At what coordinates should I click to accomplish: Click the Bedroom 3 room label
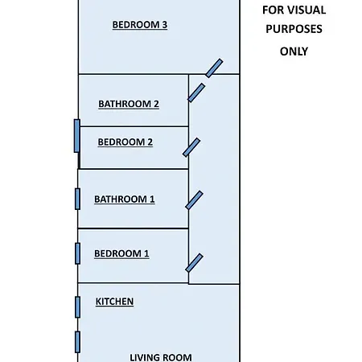140,25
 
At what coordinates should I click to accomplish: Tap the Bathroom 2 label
129,104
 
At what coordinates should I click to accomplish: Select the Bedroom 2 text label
125,142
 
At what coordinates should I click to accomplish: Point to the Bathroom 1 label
125,199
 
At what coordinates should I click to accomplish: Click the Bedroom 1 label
121,253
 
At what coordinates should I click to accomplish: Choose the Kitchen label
114,302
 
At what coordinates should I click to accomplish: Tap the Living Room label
161,357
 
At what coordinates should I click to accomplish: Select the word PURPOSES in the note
294,29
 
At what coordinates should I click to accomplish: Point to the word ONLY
294,51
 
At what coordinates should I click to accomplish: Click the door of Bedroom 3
214,68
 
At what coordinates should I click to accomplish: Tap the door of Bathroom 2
196,93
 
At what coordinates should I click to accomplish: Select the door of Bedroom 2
191,147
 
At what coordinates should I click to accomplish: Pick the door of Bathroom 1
194,200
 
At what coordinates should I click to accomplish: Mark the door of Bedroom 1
194,263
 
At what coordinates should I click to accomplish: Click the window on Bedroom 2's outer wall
77,136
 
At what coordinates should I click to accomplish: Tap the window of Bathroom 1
77,199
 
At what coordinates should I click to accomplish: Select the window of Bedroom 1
77,253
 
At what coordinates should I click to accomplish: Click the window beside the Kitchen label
77,307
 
